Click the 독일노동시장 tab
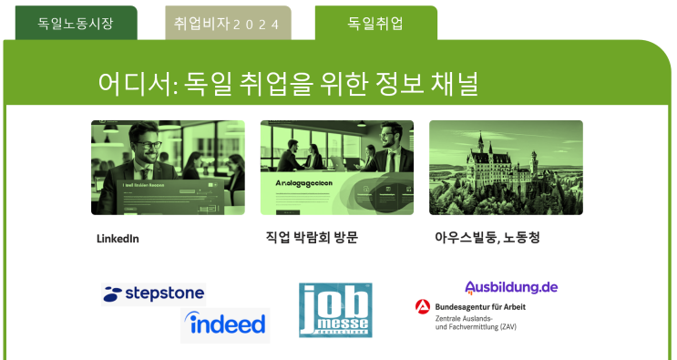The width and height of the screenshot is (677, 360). click(x=76, y=24)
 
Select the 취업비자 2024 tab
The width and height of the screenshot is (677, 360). click(x=227, y=24)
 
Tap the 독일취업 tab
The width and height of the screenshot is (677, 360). click(x=375, y=24)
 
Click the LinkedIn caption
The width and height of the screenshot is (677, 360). click(x=118, y=239)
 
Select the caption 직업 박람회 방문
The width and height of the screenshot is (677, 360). click(x=312, y=238)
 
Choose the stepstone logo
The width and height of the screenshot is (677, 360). click(x=153, y=293)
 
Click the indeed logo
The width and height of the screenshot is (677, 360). click(x=225, y=324)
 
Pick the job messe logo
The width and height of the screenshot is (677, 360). click(x=335, y=310)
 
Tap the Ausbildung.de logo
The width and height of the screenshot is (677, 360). click(x=511, y=287)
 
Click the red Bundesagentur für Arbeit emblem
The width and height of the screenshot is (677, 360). click(x=423, y=307)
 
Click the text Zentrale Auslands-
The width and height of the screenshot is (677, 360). click(x=467, y=318)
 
